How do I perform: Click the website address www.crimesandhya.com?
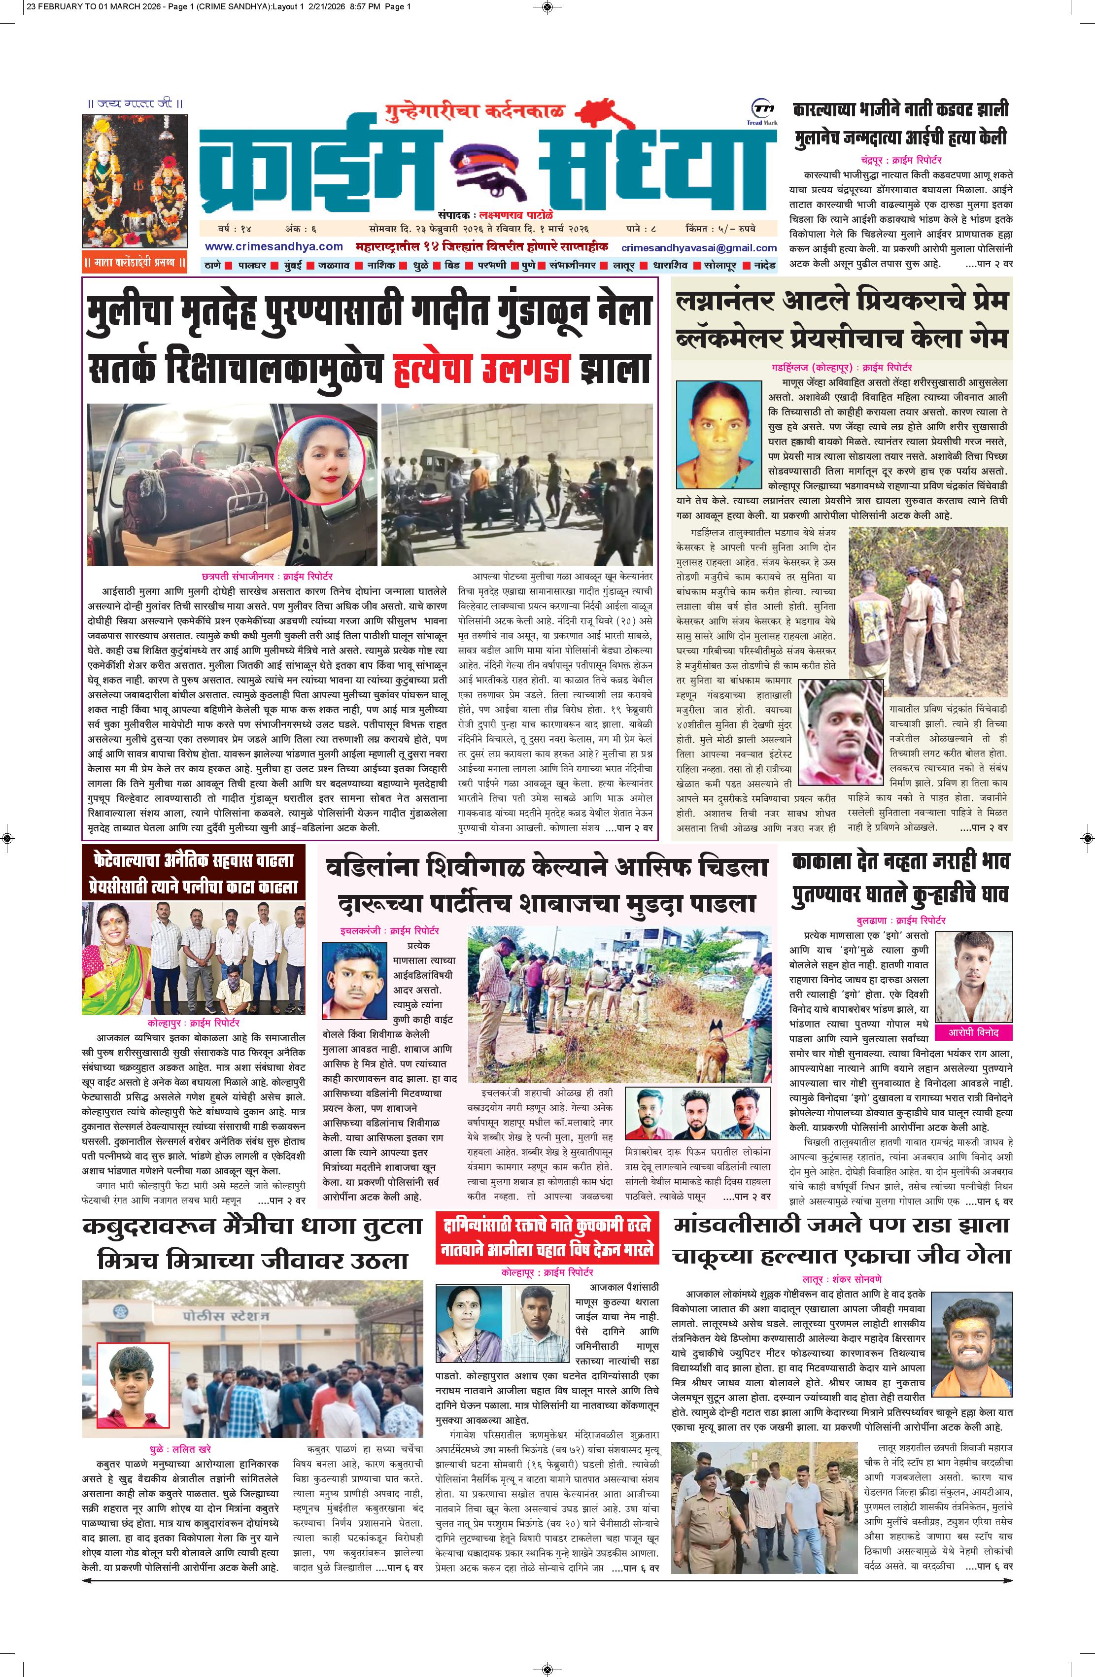point(274,246)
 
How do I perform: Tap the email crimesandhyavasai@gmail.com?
point(698,247)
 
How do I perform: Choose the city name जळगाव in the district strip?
point(334,266)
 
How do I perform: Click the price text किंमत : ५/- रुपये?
point(728,229)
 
